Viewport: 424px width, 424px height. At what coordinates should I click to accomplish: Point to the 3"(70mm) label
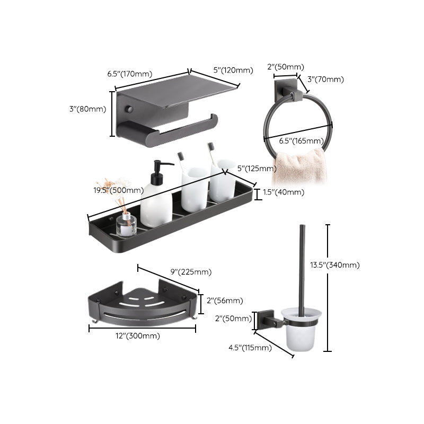coord(325,79)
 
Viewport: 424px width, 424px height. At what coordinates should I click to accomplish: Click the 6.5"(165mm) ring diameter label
coord(301,140)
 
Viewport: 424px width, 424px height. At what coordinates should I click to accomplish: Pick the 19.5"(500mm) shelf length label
coord(118,190)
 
